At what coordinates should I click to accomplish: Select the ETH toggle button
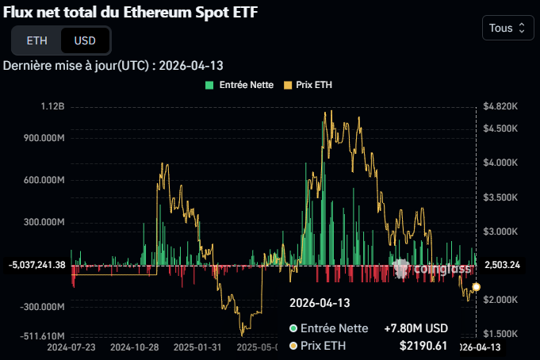(x=36, y=40)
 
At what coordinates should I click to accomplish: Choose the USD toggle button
(x=86, y=40)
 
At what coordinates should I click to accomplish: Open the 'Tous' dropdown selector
(x=507, y=28)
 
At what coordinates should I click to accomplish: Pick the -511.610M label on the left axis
(x=40, y=335)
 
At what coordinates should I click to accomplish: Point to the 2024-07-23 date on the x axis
(x=71, y=347)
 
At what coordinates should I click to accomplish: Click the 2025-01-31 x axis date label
(x=197, y=347)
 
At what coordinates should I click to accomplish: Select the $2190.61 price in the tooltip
(x=423, y=346)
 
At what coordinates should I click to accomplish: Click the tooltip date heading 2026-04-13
(x=320, y=303)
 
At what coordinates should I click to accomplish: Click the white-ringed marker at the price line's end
(x=476, y=287)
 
